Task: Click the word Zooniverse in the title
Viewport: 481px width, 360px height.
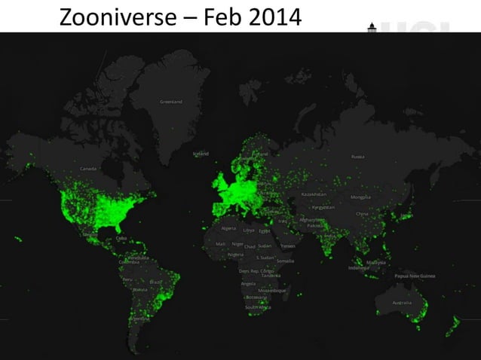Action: [112, 17]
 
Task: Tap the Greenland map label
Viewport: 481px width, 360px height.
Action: [170, 102]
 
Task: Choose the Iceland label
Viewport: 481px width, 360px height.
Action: [202, 153]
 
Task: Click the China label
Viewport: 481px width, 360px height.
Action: [363, 213]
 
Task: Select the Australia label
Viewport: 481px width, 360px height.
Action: [401, 303]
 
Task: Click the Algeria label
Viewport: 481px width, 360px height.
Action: [228, 227]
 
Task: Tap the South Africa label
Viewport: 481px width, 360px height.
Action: [257, 307]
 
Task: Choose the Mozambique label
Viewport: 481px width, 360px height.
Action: [271, 290]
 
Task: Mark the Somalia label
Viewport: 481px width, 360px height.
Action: [285, 261]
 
